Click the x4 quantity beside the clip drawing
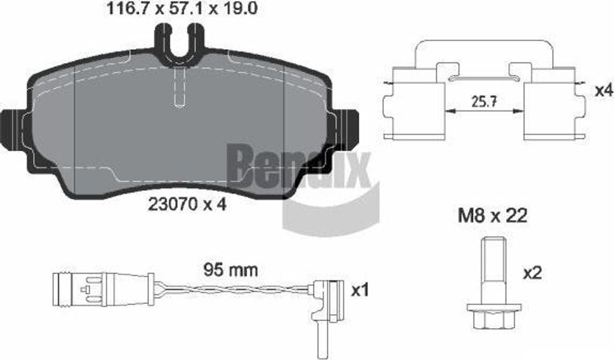[603, 91]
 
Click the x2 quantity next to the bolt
[532, 273]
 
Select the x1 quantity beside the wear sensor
[359, 290]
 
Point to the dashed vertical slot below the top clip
[179, 87]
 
